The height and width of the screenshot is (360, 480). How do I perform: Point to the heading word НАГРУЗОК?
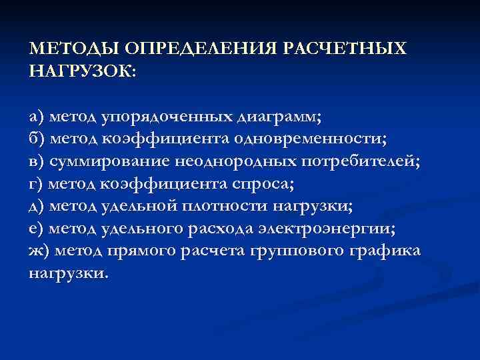pyautogui.click(x=81, y=71)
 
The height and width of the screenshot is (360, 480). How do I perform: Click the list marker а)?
pyautogui.click(x=37, y=118)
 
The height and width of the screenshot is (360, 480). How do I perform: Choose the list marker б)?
pyautogui.click(x=37, y=140)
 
